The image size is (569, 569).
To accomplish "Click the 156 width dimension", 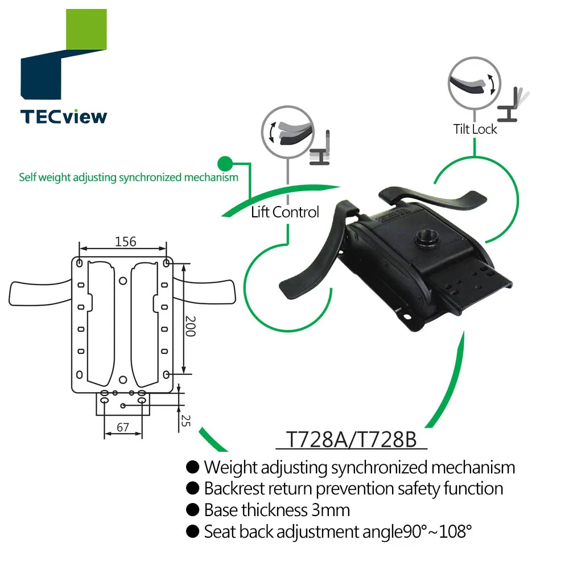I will point(125,241).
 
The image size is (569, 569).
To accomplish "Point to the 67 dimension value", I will point(122,427).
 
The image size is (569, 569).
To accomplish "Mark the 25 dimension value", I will point(185,420).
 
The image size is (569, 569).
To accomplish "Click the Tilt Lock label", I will point(475,129).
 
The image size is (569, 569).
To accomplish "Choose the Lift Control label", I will point(285,212).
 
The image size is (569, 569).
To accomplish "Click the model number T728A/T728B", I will point(351,440).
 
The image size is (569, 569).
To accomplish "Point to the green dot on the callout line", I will point(226,163).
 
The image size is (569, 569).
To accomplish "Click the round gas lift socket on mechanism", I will point(425,238).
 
